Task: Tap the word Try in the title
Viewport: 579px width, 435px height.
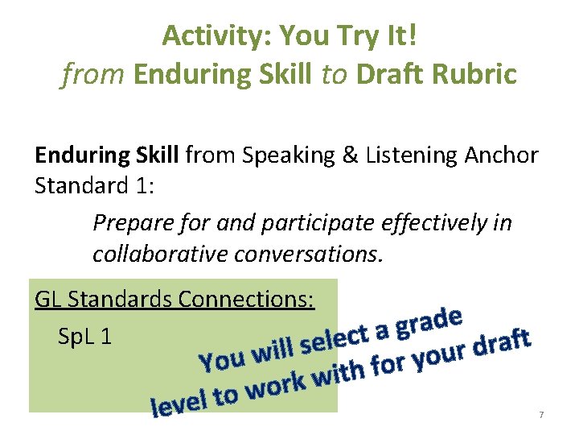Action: tap(359, 35)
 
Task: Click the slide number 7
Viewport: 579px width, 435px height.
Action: tap(541, 414)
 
